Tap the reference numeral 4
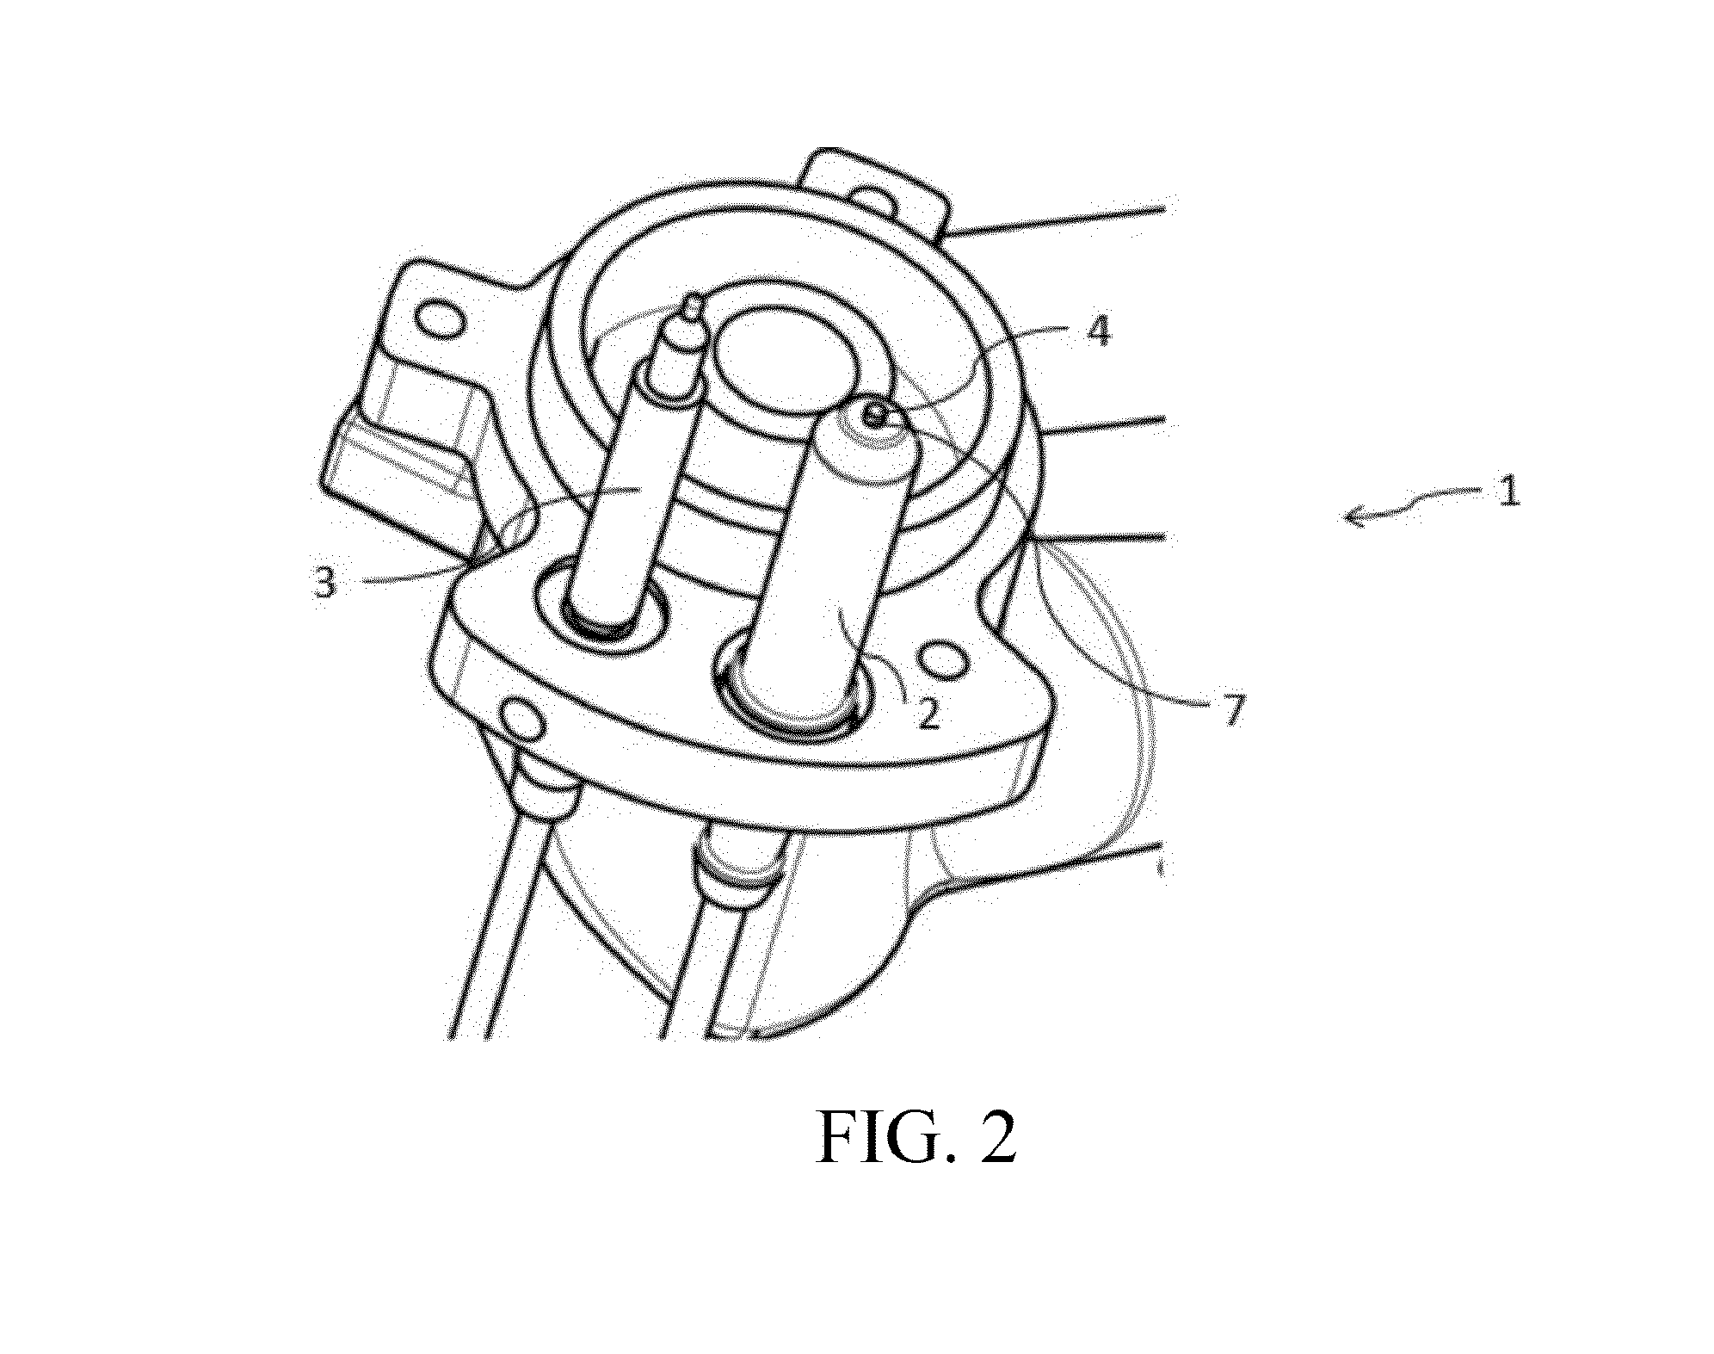tap(1097, 331)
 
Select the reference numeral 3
tap(324, 583)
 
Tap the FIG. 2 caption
tap(916, 1139)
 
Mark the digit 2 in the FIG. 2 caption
tap(998, 1139)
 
